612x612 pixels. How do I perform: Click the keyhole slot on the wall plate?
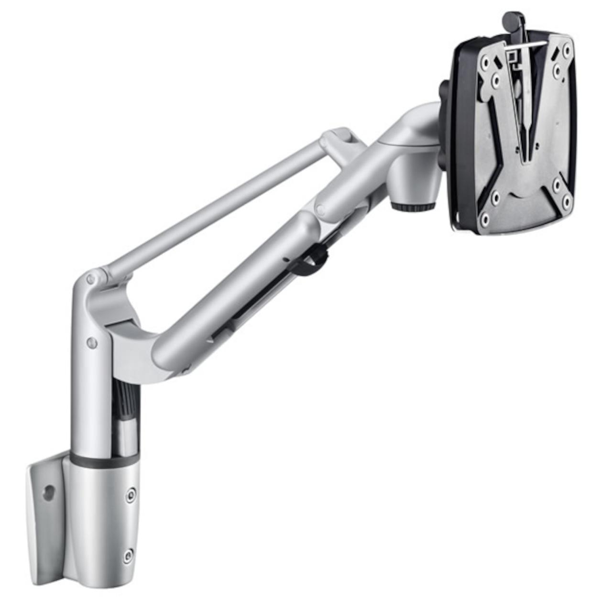tap(47, 493)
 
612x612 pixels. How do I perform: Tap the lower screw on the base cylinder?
tap(128, 556)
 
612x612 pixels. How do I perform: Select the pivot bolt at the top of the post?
tap(90, 279)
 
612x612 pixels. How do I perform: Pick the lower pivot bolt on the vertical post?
tap(92, 342)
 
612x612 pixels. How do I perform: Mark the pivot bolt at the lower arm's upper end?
tap(320, 209)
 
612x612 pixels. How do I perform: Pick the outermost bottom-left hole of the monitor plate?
tap(485, 220)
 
